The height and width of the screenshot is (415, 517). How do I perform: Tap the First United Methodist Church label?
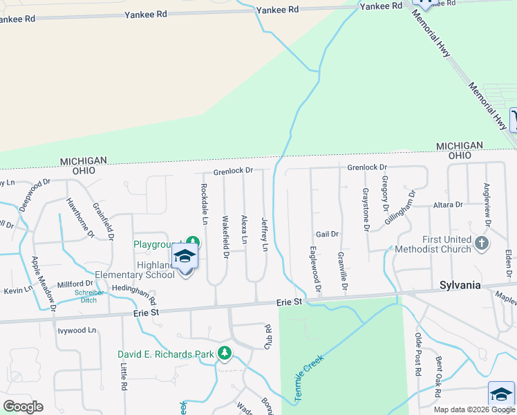point(438,245)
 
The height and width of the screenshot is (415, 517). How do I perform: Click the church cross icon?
point(482,243)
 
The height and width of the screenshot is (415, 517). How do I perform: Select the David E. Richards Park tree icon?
point(225,353)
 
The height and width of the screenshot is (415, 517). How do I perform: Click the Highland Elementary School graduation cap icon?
point(185,257)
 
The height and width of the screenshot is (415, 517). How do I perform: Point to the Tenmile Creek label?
point(309,374)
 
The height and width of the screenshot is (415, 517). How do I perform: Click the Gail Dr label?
point(327,234)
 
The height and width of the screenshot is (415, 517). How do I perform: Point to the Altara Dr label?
point(448,205)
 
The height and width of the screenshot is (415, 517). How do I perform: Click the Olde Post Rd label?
point(418,353)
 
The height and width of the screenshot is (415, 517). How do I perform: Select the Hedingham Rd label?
point(134,295)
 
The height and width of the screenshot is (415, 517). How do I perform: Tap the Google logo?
point(23,407)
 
